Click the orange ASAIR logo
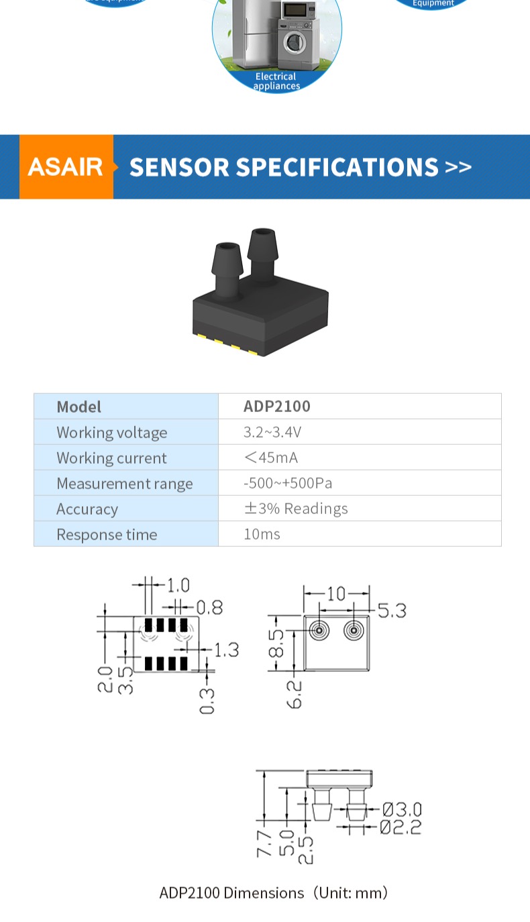(66, 166)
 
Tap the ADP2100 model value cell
(276, 407)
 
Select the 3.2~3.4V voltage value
(272, 432)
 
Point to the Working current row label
(111, 458)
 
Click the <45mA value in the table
(270, 458)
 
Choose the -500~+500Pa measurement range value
(287, 483)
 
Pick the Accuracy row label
(87, 509)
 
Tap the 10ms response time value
(262, 535)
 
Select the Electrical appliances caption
(276, 81)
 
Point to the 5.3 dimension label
(391, 611)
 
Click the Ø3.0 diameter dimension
(402, 809)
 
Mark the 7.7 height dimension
(264, 843)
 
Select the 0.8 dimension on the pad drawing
(209, 607)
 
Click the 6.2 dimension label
(296, 693)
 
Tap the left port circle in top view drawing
(319, 631)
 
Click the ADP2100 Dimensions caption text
(273, 893)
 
